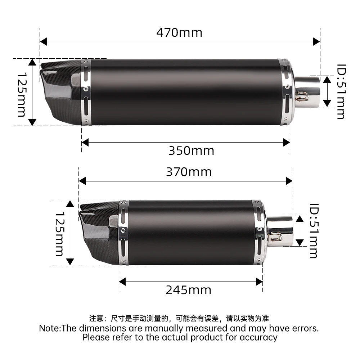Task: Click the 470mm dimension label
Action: [179, 33]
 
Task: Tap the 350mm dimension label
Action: [191, 151]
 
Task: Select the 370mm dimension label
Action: [189, 172]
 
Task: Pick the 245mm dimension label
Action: [188, 290]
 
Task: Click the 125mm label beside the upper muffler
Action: [22, 95]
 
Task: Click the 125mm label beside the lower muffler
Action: [60, 234]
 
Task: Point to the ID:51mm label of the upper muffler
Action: [341, 91]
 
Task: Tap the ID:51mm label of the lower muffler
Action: [314, 231]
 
